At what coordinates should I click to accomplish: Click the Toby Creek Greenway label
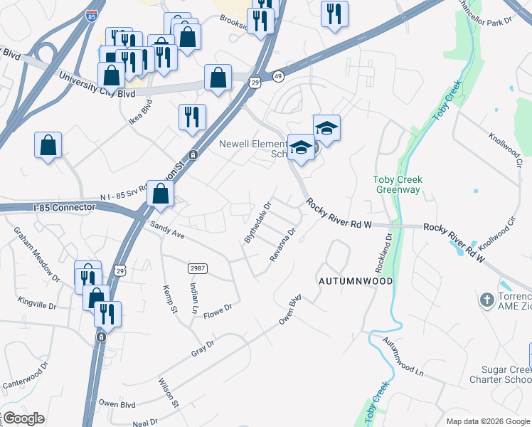click(398, 185)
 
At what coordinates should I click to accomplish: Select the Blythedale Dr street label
click(258, 223)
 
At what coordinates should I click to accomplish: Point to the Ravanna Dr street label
click(282, 244)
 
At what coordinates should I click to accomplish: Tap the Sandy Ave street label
click(167, 230)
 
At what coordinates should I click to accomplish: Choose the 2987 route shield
click(198, 268)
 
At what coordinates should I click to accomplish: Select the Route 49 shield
click(278, 76)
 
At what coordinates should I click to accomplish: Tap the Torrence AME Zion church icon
click(487, 300)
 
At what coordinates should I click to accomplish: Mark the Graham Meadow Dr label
click(34, 251)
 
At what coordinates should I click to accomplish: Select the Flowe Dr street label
click(218, 311)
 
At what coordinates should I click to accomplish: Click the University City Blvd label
click(97, 85)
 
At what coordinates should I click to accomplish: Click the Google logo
click(23, 418)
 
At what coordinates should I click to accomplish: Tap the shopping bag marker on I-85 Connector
click(161, 193)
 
